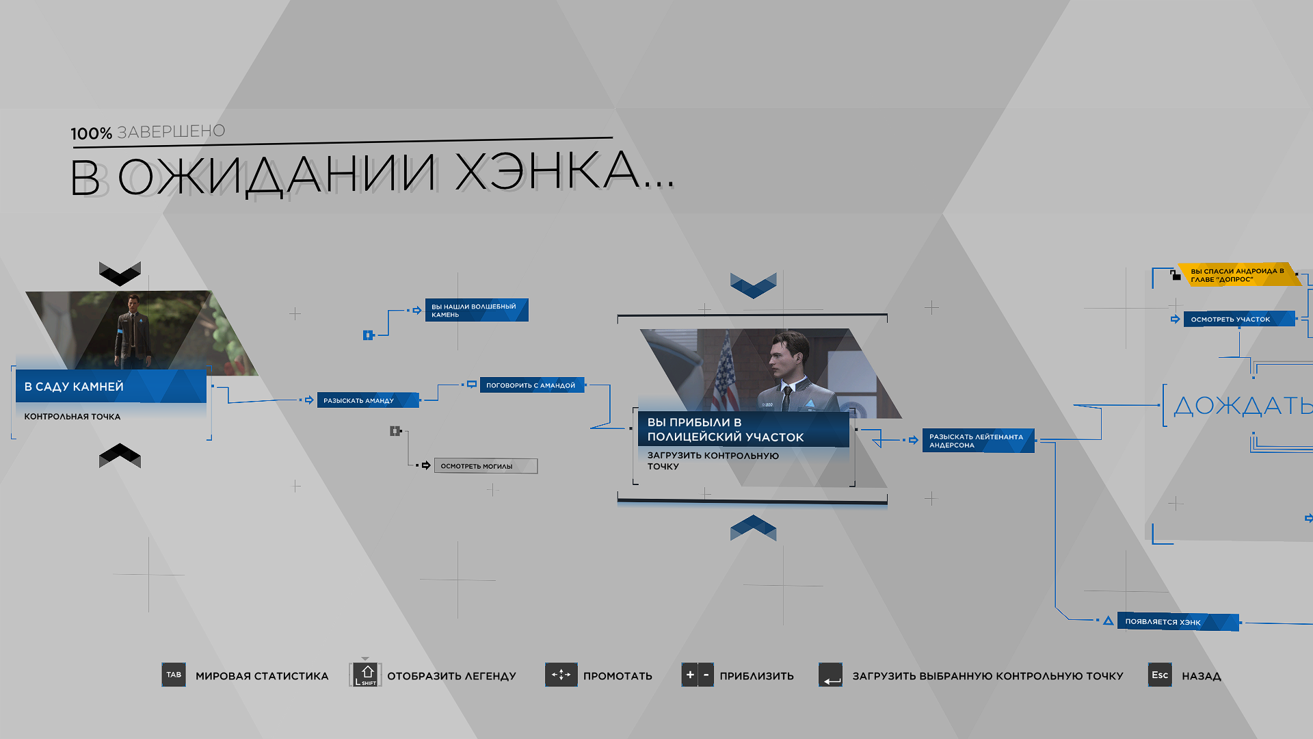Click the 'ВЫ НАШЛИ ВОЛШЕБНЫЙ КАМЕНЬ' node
(x=477, y=310)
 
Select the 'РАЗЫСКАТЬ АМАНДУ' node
(x=368, y=400)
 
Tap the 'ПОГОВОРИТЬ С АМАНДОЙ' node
(x=532, y=385)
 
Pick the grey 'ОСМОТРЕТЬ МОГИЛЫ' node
(x=486, y=466)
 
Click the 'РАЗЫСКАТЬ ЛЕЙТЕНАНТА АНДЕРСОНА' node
(x=978, y=441)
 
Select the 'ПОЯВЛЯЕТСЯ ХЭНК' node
(x=1178, y=622)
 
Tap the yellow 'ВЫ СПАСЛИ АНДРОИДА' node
(x=1239, y=274)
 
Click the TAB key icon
(x=174, y=675)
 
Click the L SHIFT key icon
(x=366, y=675)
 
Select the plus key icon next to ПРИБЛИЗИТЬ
(x=689, y=675)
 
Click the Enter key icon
(x=831, y=675)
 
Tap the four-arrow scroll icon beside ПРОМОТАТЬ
(x=561, y=675)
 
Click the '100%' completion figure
(x=91, y=133)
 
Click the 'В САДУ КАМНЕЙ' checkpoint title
(x=74, y=387)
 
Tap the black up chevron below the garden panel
(x=120, y=455)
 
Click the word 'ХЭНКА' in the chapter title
(x=565, y=172)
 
